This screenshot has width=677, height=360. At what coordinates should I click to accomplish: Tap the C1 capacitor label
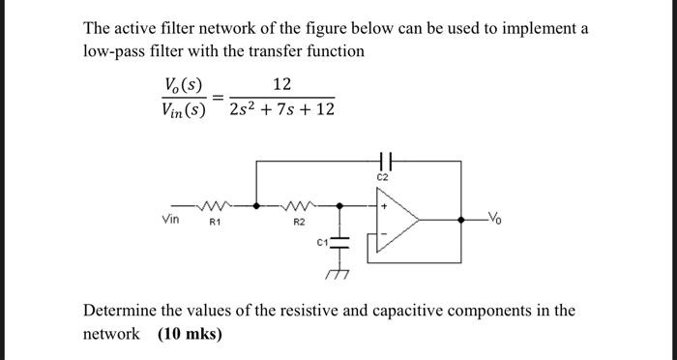tap(323, 241)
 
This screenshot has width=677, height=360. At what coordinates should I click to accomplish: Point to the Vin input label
tap(172, 220)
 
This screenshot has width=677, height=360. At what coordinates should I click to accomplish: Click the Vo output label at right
tap(496, 216)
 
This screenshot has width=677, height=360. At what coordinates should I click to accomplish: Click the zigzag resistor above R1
tap(216, 205)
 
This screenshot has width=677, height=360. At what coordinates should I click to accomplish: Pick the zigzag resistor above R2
tap(299, 205)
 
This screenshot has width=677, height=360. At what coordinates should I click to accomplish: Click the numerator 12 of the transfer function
tap(281, 87)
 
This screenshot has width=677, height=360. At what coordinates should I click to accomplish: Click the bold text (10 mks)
tap(190, 334)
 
